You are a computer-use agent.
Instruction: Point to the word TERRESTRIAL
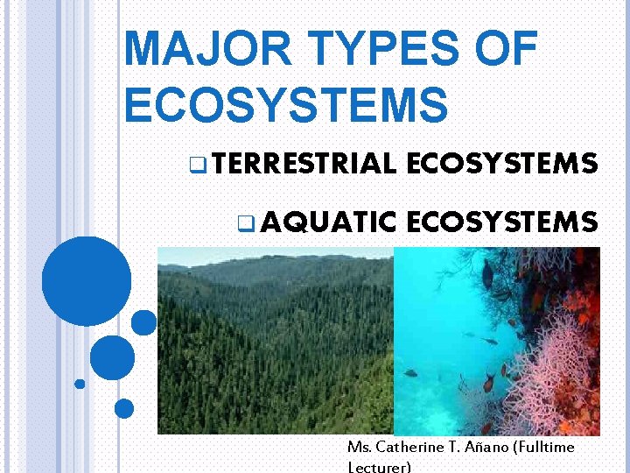pos(303,163)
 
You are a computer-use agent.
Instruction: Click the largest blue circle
pos(87,281)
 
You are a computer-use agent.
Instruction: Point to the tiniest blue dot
pos(80,384)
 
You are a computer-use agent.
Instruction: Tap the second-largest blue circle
pos(113,357)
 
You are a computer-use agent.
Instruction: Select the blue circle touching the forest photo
pos(144,323)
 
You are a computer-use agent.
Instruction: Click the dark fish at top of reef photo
pos(487,275)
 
